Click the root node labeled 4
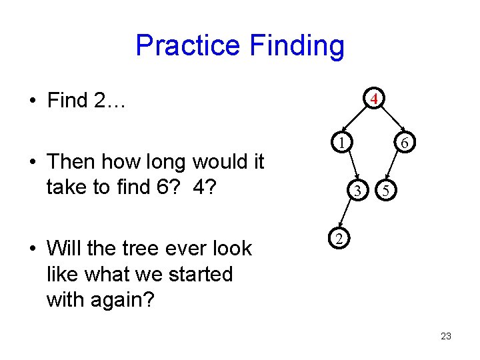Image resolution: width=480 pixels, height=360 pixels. [x=375, y=99]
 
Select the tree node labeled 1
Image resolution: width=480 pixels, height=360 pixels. [x=340, y=142]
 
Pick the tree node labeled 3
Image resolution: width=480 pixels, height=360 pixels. [x=358, y=191]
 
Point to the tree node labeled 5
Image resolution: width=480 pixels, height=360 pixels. [x=385, y=191]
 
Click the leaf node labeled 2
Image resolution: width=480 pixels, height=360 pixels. [x=338, y=239]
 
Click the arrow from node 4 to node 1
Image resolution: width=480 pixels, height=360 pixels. [x=356, y=120]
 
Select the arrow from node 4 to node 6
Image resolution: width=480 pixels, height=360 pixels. [x=391, y=121]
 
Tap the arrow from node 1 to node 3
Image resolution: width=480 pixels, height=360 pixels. [x=349, y=167]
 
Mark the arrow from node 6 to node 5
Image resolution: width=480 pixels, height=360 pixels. [x=395, y=167]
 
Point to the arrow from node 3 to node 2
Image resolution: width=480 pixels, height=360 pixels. [x=347, y=215]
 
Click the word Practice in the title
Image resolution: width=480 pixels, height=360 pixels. [x=187, y=46]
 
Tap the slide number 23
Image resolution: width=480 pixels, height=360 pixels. [x=446, y=336]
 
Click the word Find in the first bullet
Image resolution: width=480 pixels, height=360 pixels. [x=67, y=101]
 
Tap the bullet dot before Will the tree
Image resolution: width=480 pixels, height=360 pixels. [x=32, y=249]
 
